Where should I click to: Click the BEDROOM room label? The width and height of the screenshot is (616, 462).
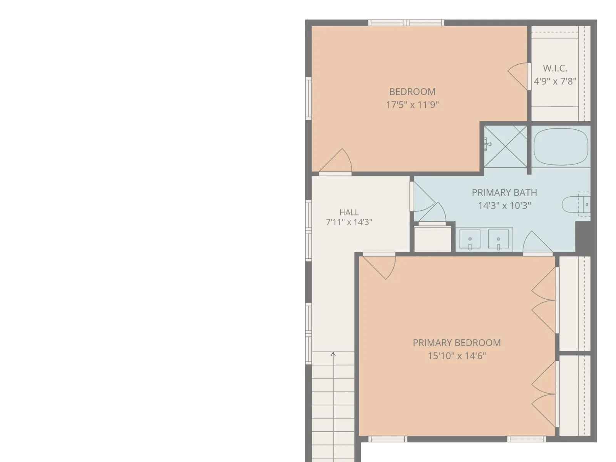[x=412, y=92]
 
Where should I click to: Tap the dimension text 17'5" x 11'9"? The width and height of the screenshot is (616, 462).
[x=412, y=105]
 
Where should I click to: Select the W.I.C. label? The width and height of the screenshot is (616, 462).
[x=555, y=68]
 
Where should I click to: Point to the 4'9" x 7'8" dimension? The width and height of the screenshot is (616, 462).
[x=555, y=81]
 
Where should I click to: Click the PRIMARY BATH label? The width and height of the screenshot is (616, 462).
[x=504, y=193]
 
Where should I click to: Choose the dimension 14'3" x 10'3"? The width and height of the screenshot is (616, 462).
[x=504, y=206]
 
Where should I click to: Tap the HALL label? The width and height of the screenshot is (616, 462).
[x=349, y=212]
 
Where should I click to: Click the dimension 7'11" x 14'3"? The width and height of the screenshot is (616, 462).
[x=349, y=222]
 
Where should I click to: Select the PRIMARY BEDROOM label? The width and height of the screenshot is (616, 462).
[x=457, y=343]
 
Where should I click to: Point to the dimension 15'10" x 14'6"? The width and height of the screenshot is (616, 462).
[x=457, y=356]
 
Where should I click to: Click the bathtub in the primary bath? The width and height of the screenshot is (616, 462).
[x=561, y=147]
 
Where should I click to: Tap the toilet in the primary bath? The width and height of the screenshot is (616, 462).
[x=576, y=204]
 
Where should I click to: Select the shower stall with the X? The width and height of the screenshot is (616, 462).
[x=505, y=146]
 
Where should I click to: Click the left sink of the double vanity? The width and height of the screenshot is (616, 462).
[x=470, y=239]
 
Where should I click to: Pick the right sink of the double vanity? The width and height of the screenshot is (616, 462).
[x=499, y=239]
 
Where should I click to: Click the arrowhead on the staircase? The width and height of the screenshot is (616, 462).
[x=333, y=354]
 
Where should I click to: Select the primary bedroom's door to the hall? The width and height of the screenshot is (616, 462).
[x=379, y=266]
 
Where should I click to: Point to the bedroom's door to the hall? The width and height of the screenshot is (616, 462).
[x=335, y=162]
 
